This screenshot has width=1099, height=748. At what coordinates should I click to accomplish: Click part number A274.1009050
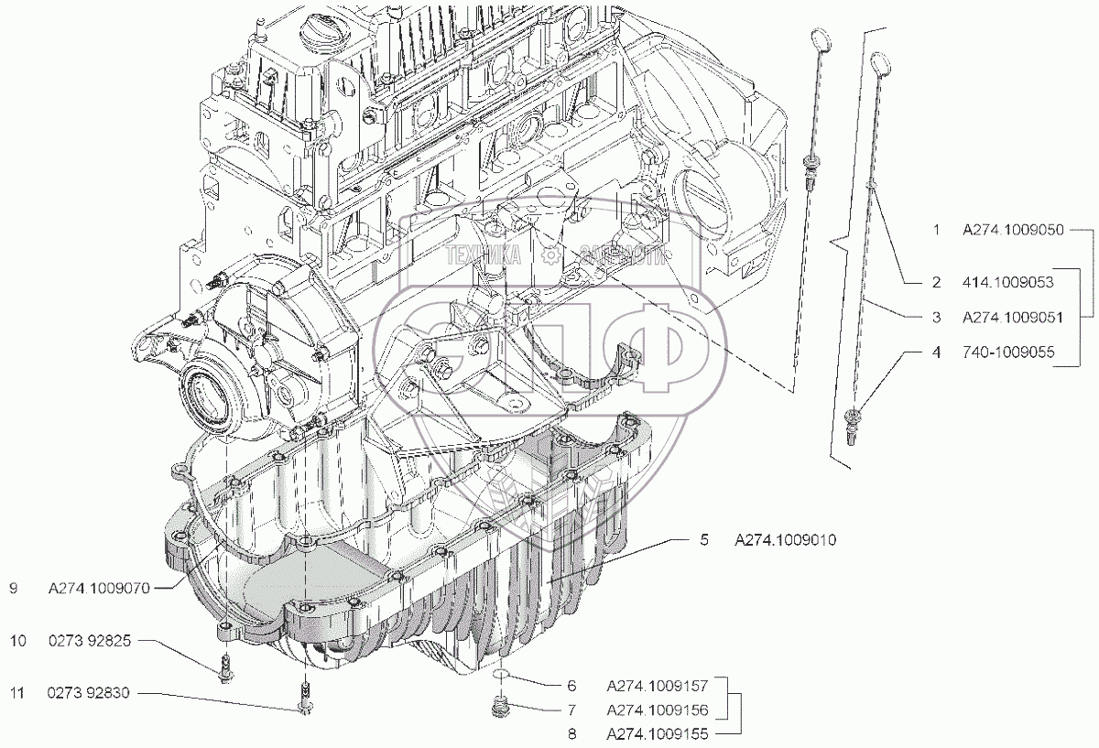[x=1012, y=231]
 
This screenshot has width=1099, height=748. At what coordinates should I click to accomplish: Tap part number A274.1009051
[x=1012, y=318]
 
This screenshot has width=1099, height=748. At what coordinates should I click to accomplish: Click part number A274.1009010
[x=784, y=541]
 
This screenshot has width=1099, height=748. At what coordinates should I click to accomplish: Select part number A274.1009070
[x=98, y=591]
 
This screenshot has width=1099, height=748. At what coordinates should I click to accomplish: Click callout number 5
[x=704, y=541]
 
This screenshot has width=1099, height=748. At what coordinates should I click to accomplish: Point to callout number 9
[x=14, y=591]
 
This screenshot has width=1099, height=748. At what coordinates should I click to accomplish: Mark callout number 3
[x=936, y=318]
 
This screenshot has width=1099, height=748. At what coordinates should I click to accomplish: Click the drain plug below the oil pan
[x=500, y=708]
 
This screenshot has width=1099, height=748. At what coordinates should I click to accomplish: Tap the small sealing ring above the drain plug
[x=500, y=676]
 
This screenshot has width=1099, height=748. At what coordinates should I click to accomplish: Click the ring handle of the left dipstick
[x=820, y=39]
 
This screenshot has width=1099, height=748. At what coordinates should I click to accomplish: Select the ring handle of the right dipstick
[x=880, y=62]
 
